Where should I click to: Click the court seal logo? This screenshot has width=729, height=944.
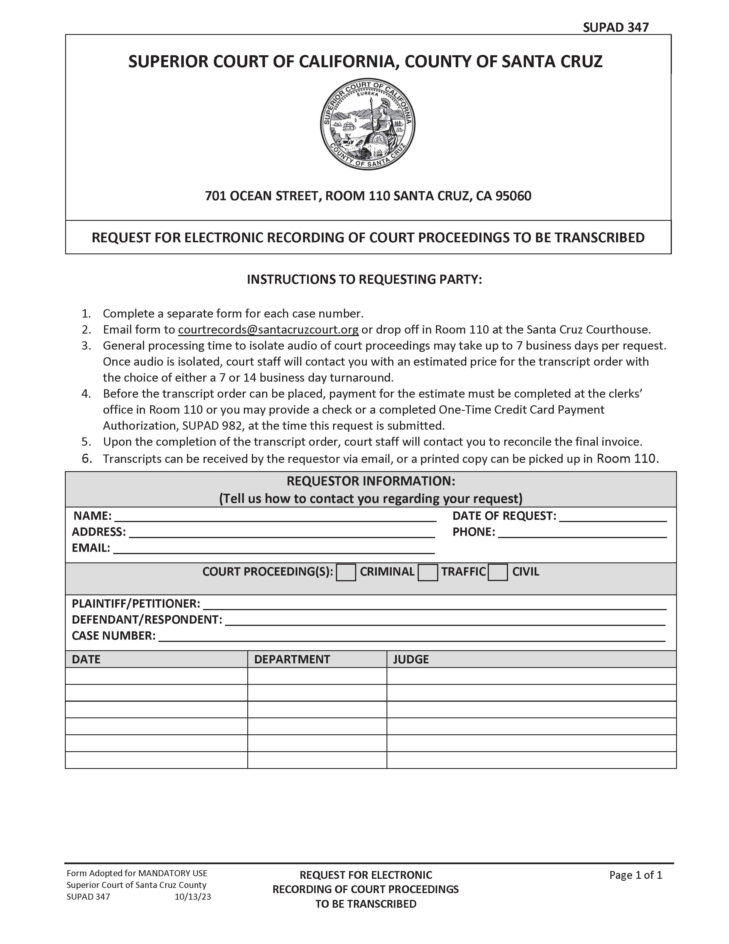point(368,124)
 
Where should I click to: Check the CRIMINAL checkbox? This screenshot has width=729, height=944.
point(346,573)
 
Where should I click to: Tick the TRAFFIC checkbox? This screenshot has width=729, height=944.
point(428,573)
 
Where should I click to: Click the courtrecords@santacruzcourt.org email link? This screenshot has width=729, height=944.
point(268,330)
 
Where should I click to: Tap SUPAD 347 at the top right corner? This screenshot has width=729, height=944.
point(616,27)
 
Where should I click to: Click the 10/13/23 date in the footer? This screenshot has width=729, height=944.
point(193,897)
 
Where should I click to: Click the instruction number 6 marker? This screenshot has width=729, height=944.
point(87,459)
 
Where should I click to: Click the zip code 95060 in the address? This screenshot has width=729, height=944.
point(513,196)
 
